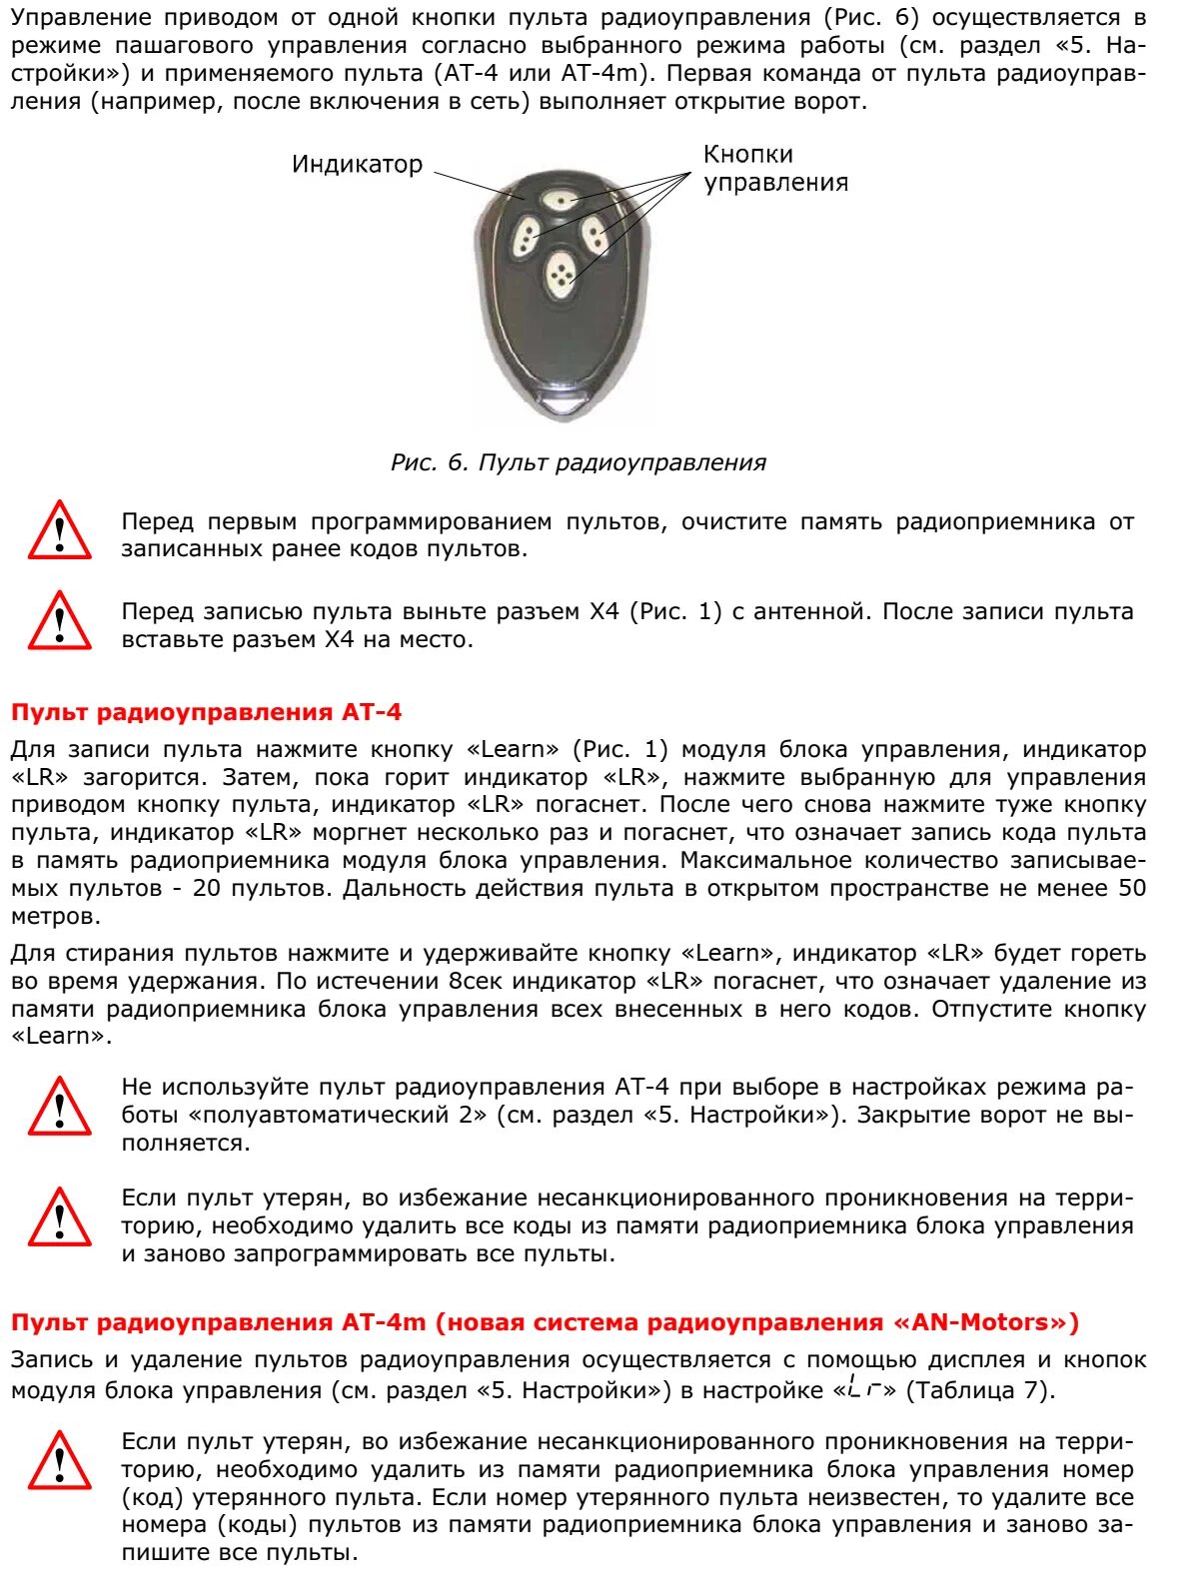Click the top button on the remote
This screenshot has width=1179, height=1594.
tap(562, 200)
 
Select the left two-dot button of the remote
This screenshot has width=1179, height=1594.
tap(525, 238)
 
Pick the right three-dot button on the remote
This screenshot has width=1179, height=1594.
tap(595, 236)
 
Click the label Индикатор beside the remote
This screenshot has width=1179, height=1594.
tap(357, 165)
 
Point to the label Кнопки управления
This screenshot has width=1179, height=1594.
tap(775, 168)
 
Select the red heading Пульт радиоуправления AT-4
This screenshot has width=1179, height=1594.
tap(206, 712)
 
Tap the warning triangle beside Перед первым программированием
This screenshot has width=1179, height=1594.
tap(60, 531)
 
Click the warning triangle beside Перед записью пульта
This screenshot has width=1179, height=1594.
tap(60, 621)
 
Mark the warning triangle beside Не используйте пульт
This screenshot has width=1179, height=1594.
tap(60, 1108)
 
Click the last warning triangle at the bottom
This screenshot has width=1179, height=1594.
tap(60, 1461)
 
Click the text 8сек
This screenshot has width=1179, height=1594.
tap(479, 981)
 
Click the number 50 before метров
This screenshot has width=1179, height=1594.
tap(1131, 888)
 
